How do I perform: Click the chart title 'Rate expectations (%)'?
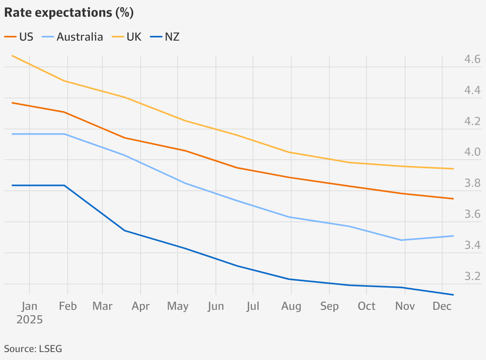tap(69, 13)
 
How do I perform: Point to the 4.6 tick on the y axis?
tap(472, 60)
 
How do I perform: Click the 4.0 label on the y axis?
tap(472, 153)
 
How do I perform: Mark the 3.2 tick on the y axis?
tap(472, 276)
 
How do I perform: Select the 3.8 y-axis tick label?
tap(472, 184)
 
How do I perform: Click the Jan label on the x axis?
tap(29, 306)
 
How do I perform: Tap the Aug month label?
tap(291, 306)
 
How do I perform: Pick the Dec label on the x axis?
tap(442, 306)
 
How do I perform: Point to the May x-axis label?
tap(178, 306)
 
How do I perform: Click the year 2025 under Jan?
tap(29, 319)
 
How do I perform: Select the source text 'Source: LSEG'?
tap(33, 349)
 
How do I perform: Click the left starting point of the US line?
tap(12, 103)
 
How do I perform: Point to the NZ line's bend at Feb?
tap(65, 186)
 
